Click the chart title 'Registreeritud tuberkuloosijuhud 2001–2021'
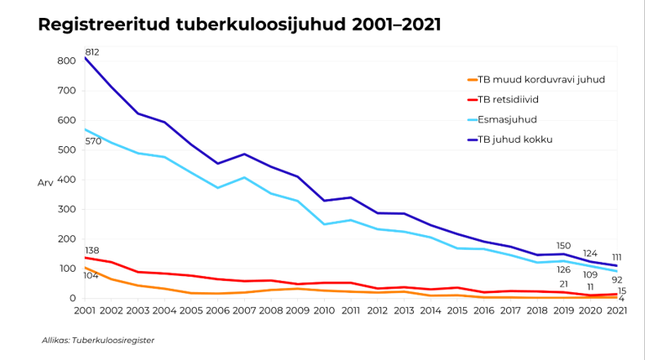point(239,24)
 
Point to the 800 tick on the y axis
point(65,61)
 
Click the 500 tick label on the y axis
point(65,150)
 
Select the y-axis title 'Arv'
point(45,183)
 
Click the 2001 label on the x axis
point(85,311)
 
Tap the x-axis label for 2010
point(324,311)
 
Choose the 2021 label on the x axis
point(616,311)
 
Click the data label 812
point(92,52)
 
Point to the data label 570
point(93,141)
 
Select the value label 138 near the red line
point(92,250)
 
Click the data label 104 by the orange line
point(90,276)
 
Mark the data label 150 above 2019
point(563,245)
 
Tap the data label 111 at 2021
point(617,256)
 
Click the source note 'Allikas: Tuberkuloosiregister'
point(98,340)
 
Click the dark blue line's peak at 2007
point(244,153)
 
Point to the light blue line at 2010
point(324,224)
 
